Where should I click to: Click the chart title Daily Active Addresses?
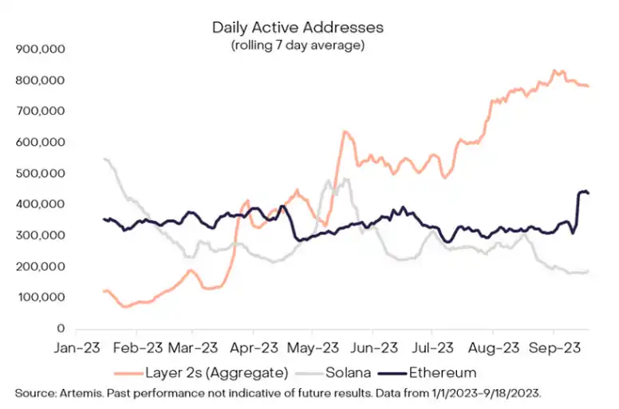[298, 27]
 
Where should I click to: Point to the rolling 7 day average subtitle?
[298, 45]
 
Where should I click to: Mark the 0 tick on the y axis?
[61, 328]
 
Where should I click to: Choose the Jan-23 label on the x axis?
[76, 348]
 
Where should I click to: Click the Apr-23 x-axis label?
[254, 348]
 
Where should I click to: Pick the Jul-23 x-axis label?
[432, 348]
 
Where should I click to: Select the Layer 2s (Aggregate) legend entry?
[203, 372]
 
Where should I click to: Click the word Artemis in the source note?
[78, 392]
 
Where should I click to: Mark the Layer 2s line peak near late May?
[345, 132]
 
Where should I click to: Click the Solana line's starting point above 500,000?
[105, 159]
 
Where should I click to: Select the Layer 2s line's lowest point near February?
[124, 306]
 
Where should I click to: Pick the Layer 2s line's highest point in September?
[555, 71]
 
